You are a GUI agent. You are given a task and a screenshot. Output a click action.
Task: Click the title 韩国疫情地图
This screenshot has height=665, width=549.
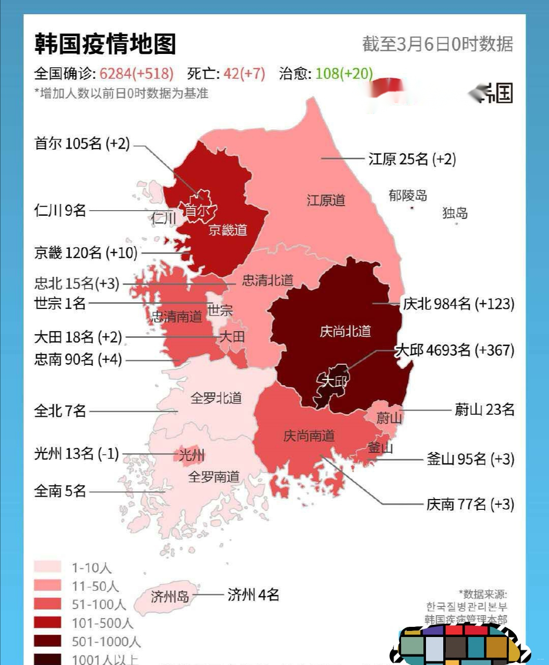point(105,44)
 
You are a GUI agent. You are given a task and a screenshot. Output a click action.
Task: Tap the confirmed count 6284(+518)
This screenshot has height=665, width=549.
point(136,74)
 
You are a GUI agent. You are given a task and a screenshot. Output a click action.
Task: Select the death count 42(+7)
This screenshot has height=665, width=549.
point(244,74)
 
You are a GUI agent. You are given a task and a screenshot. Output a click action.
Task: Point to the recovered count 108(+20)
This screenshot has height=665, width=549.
point(344,74)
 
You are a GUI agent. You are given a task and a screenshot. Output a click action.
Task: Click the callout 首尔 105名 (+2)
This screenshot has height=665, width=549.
point(82,143)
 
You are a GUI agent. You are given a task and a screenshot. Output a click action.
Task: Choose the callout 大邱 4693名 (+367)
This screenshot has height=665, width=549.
point(454,351)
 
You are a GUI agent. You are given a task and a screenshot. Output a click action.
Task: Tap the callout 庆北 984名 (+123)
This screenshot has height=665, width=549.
point(458,304)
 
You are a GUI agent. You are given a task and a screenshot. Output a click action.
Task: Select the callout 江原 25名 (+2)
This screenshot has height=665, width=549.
point(412,159)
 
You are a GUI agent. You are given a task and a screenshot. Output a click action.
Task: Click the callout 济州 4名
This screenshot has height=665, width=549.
point(253,594)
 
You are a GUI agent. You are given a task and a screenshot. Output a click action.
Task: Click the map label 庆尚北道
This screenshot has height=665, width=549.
point(345,332)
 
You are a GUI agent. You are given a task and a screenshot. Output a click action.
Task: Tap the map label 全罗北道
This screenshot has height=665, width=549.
point(216,398)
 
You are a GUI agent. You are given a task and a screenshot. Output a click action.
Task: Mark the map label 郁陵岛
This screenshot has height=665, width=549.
point(408,195)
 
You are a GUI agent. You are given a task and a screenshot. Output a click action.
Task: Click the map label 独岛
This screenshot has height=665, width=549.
point(454,213)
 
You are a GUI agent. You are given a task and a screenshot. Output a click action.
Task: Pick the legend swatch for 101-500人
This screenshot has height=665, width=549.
point(47,622)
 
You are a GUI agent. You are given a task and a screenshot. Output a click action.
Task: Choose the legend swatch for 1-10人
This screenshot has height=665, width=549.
point(47,567)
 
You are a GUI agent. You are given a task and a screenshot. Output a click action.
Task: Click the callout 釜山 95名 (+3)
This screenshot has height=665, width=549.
point(470,459)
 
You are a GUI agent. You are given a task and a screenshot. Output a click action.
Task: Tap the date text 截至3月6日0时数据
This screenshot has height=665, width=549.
point(437,44)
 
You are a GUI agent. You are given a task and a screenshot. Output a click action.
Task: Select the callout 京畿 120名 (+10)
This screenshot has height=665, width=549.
point(85,252)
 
